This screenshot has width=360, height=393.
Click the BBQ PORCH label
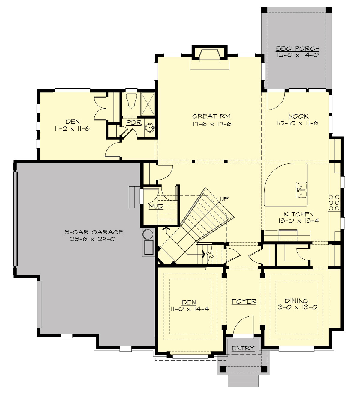pos(297,48)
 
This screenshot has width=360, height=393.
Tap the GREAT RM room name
pos(211,116)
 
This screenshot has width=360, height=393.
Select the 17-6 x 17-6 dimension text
pos(212,124)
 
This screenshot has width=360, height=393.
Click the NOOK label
pos(298,116)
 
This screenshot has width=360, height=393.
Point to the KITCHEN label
pos(298,214)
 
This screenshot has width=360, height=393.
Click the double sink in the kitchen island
pos(301,190)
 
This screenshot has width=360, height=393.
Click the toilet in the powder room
pos(131,100)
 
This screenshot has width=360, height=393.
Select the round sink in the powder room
pos(150,128)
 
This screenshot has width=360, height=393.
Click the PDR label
pos(133,123)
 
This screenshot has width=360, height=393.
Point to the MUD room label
pos(156,206)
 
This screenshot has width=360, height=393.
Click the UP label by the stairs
pos(224,198)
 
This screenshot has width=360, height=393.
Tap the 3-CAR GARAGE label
pos(94,232)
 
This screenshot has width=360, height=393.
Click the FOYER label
pos(244,301)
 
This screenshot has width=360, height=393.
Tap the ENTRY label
pos(243,348)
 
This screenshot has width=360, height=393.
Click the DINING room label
pos(296,301)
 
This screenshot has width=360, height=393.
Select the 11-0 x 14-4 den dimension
pos(190,309)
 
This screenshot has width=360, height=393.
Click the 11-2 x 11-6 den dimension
pos(72,129)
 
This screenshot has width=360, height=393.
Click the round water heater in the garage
pos(148,234)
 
